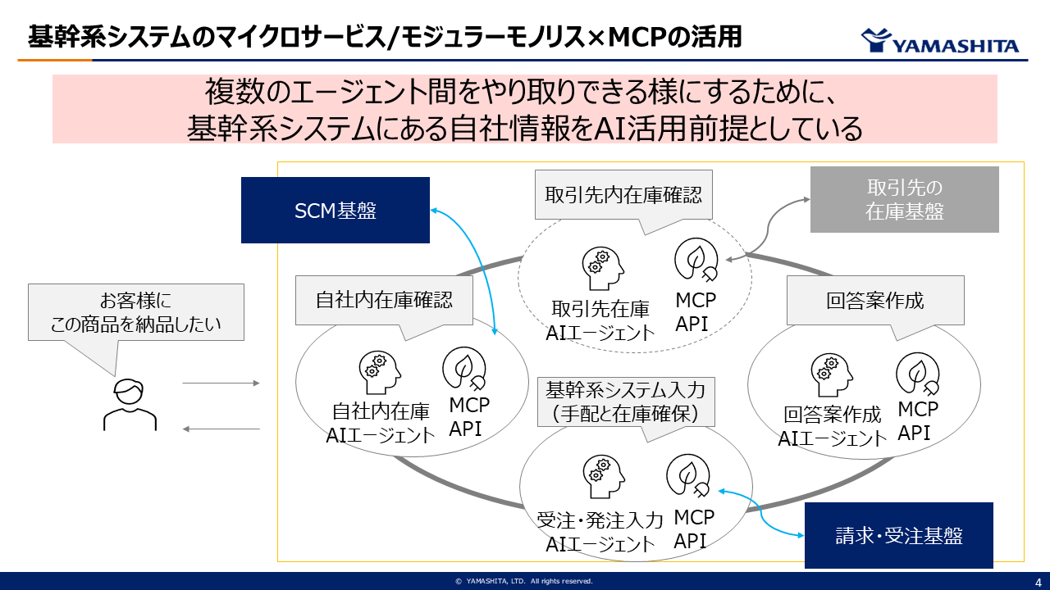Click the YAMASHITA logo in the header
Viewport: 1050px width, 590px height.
(x=939, y=42)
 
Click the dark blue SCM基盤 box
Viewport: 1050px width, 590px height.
(x=335, y=211)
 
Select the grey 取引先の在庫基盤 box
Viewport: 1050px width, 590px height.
(x=905, y=199)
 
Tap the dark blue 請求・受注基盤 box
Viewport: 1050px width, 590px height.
(x=898, y=535)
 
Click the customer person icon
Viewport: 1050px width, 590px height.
(x=129, y=405)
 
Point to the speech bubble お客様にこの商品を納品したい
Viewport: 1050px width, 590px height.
(x=136, y=312)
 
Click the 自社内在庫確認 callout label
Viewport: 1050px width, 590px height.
(x=384, y=300)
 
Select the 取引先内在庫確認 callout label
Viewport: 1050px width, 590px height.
(x=623, y=195)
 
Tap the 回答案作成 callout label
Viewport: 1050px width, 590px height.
(x=874, y=301)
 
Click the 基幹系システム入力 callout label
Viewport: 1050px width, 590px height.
(x=624, y=402)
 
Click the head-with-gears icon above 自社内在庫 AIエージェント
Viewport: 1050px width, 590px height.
(x=379, y=372)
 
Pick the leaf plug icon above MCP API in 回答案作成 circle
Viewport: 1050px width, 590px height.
(x=916, y=373)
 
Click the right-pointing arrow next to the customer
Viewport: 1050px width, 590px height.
(x=221, y=383)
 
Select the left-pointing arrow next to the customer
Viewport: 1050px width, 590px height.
(x=221, y=429)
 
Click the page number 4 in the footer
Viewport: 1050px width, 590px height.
(x=1038, y=581)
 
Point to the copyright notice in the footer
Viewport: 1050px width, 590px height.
(x=524, y=581)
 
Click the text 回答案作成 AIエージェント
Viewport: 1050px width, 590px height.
(x=832, y=426)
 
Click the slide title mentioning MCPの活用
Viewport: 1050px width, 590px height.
(x=385, y=37)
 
